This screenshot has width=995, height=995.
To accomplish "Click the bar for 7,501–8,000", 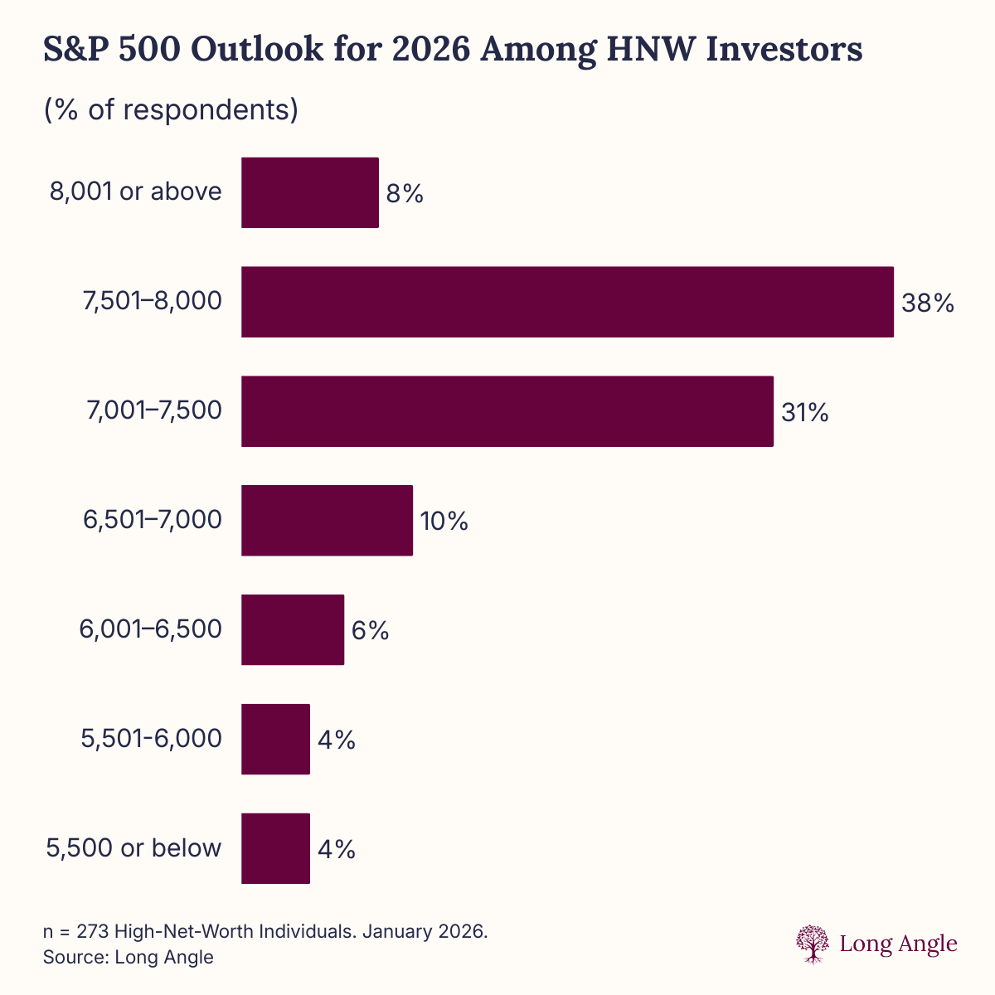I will tap(567, 302).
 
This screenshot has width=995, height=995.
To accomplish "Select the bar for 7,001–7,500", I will tap(507, 411).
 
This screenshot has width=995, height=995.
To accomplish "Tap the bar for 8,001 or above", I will tap(309, 192).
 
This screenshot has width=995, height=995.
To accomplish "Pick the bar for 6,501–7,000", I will tap(327, 521).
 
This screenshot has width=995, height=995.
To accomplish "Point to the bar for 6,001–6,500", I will tap(292, 630).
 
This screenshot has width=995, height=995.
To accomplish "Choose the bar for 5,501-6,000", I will tap(275, 740).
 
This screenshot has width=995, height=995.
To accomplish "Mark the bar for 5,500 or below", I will tap(275, 848).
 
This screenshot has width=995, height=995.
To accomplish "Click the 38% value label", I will tap(928, 303).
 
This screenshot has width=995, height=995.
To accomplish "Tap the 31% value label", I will tap(804, 413).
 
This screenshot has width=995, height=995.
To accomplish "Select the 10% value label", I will tap(444, 522).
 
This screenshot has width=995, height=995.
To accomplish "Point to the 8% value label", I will tap(405, 194).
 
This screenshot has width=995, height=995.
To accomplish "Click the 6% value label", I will tap(370, 631).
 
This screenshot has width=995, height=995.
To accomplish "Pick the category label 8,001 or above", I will tap(136, 192).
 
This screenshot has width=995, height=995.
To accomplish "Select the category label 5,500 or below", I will tap(134, 848).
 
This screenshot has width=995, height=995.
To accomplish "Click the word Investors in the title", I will tap(784, 50).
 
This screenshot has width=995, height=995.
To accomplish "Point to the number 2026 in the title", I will tap(431, 50).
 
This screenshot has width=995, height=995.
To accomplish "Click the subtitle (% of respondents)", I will tap(171, 109).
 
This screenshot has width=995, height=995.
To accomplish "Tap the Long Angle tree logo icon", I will tap(813, 944).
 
